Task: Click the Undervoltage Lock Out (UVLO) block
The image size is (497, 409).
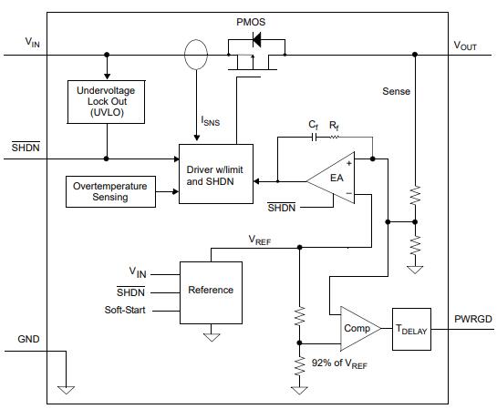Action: pos(107,101)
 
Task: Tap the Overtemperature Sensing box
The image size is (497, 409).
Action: pos(110,191)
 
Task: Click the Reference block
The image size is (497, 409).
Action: pos(211,290)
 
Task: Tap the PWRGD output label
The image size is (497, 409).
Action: pos(473,319)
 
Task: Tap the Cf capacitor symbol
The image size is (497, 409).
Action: pos(314,137)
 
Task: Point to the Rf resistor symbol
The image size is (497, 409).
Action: pos(335,137)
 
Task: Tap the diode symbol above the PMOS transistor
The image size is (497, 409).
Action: pos(255,40)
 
